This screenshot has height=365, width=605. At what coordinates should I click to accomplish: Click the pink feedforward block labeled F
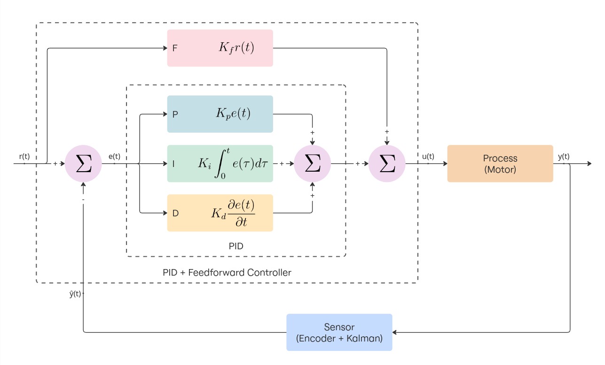220,48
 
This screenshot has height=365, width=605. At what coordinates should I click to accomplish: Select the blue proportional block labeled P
220,114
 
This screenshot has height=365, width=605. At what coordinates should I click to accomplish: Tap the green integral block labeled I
220,164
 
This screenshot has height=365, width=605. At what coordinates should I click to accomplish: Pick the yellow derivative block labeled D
220,213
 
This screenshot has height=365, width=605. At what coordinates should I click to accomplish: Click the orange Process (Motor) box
500,164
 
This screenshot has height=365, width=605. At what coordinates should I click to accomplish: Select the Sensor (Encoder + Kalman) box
339,332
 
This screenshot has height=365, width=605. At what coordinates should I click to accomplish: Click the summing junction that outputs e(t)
83,164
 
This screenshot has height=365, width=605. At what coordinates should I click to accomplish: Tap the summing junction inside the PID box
313,164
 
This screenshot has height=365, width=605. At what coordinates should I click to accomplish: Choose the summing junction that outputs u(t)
387,164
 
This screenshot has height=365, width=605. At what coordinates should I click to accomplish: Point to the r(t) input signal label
24,157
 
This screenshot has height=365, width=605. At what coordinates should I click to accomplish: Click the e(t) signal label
114,157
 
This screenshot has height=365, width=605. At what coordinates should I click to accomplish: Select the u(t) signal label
428,157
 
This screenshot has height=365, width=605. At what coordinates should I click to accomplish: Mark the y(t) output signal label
564,157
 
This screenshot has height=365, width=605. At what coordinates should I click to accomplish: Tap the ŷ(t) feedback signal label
75,294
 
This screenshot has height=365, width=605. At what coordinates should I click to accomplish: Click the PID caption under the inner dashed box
236,246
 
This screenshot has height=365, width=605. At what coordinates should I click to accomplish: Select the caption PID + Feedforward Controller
227,272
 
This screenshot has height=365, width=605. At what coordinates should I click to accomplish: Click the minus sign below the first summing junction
83,200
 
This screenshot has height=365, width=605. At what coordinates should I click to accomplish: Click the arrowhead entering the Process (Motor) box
444,164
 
